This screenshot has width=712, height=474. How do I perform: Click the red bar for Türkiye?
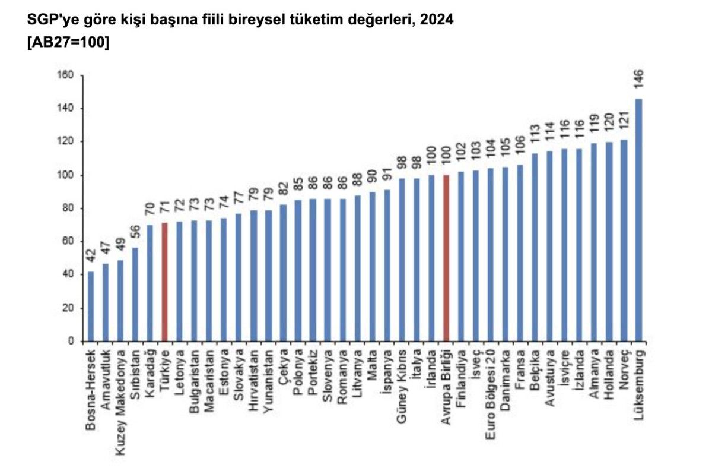(x=164, y=282)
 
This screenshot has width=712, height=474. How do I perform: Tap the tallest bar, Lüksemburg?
(x=638, y=220)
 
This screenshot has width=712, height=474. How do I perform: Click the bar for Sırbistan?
(x=135, y=294)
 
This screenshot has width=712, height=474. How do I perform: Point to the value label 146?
(x=638, y=79)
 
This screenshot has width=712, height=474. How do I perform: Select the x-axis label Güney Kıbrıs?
(x=402, y=387)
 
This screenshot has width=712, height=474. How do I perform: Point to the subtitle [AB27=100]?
(x=68, y=43)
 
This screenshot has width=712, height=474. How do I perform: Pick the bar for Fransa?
(x=520, y=252)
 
